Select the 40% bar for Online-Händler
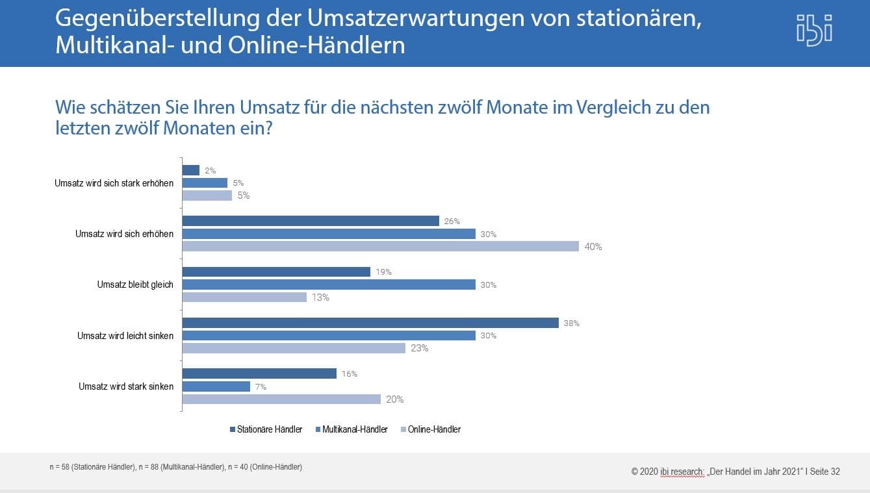click(x=380, y=246)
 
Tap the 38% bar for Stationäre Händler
click(x=370, y=323)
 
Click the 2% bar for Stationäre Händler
click(x=190, y=170)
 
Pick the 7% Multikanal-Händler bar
click(x=216, y=386)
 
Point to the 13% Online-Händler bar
click(x=244, y=297)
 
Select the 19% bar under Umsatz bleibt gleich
click(x=276, y=272)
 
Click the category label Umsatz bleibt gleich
click(x=135, y=284)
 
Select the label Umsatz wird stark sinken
click(x=126, y=386)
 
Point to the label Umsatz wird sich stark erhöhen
click(x=114, y=183)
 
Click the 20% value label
click(x=394, y=399)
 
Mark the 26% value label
click(x=452, y=221)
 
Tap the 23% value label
click(x=419, y=348)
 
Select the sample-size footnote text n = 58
click(x=175, y=467)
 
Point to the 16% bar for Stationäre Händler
click(x=259, y=373)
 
